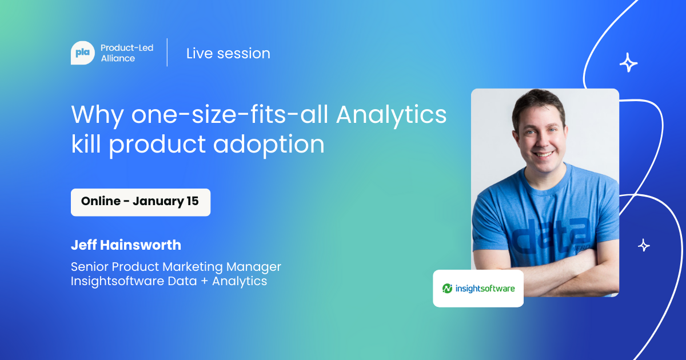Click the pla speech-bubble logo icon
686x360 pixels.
click(83, 53)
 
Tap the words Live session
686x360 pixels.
click(228, 53)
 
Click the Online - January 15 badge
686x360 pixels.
click(141, 202)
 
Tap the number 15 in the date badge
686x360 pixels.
click(193, 201)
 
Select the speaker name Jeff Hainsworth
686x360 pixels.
click(126, 245)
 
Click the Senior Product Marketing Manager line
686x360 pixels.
click(176, 267)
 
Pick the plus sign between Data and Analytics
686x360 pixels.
click(204, 281)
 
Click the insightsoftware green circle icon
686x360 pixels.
click(447, 288)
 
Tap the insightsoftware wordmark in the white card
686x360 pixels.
click(485, 289)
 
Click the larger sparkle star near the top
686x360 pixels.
click(628, 63)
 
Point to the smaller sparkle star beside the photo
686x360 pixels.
click(644, 246)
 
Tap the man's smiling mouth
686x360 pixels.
click(543, 154)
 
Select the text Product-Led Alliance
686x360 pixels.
click(127, 53)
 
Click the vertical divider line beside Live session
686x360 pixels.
click(167, 53)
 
